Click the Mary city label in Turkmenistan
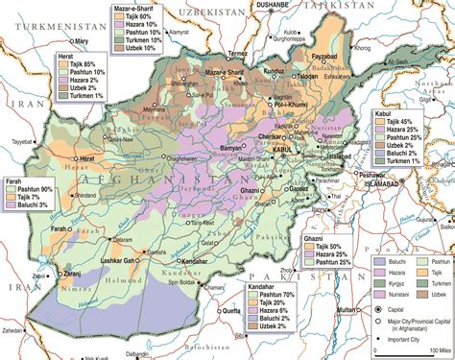(x=83, y=42)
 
